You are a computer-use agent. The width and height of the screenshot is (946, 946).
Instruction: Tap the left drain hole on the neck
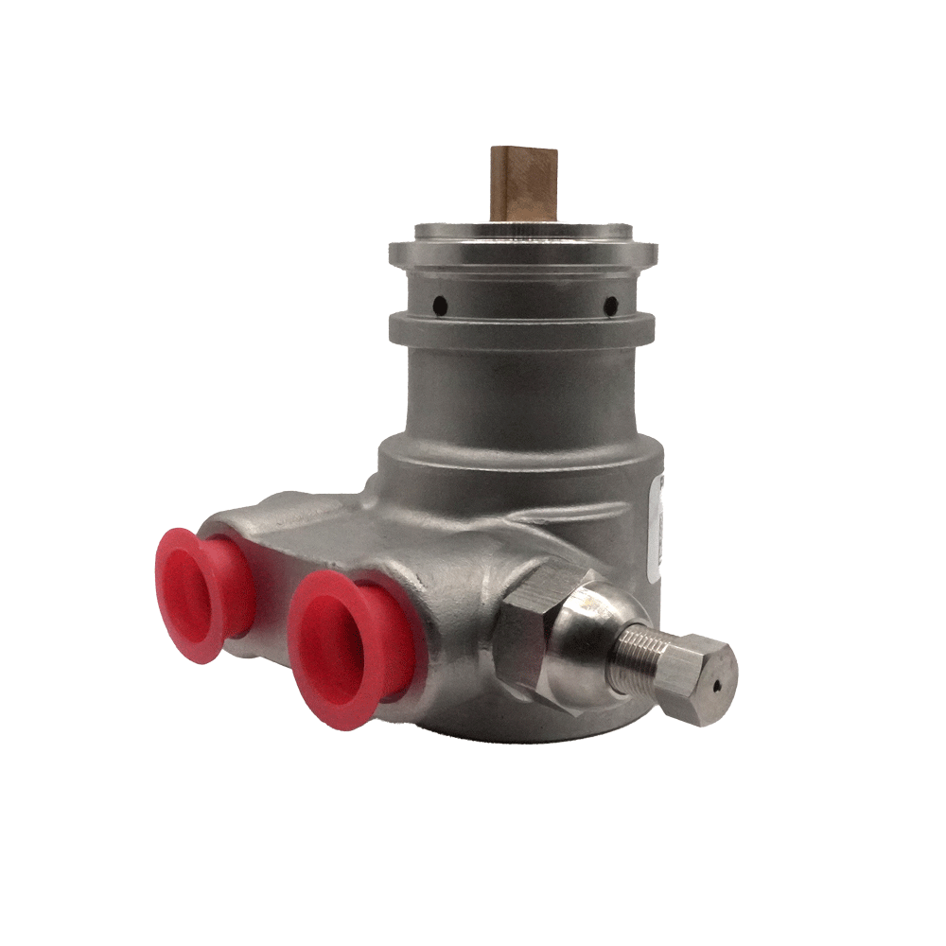(x=440, y=305)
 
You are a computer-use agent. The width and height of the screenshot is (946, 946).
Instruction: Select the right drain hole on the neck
(x=610, y=305)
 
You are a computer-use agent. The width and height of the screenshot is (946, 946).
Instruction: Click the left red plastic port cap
(x=193, y=593)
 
